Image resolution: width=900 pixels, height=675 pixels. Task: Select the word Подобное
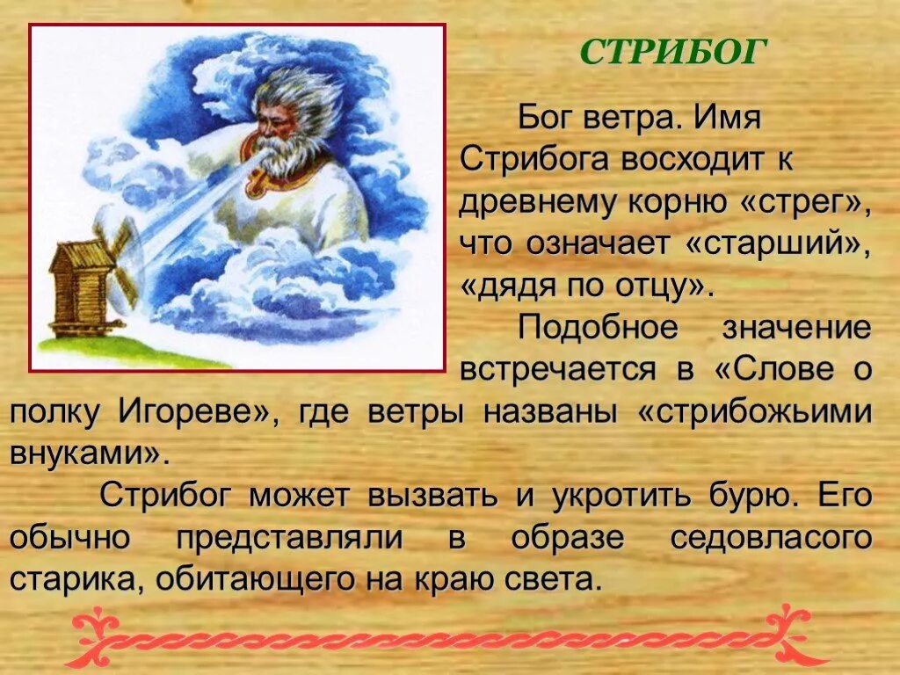[x=598, y=328]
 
